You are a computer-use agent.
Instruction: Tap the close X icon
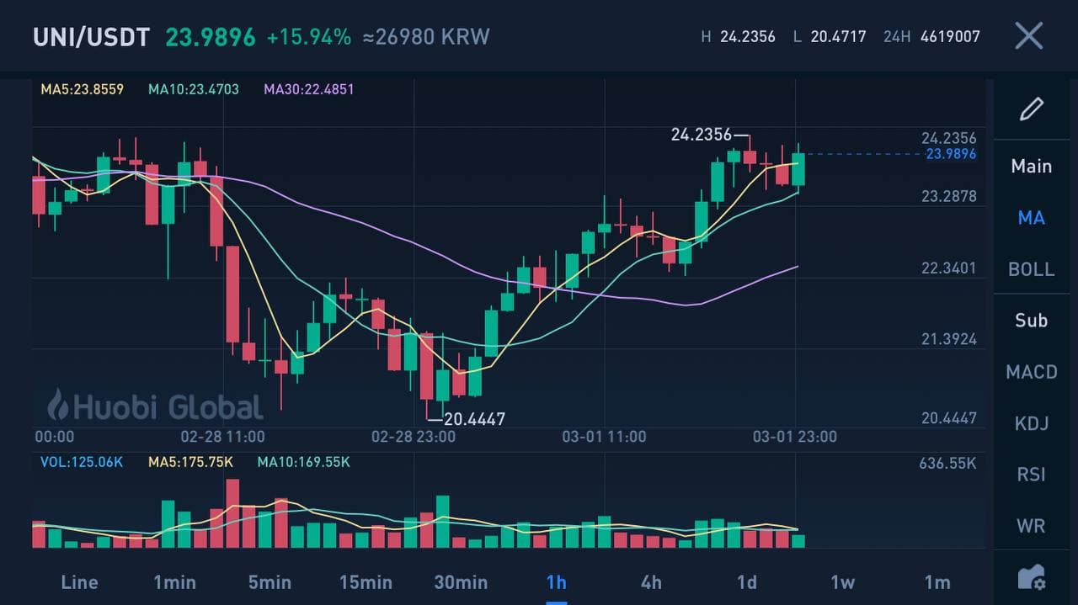[1028, 36]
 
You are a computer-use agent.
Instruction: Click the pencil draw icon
[1032, 109]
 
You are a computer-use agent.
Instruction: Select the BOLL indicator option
[1032, 269]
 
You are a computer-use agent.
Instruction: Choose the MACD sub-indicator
[1032, 372]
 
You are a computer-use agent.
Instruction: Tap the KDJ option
[1032, 423]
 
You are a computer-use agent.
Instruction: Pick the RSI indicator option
[1032, 475]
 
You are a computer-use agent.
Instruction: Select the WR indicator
[1032, 526]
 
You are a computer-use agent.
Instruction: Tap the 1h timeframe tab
[557, 582]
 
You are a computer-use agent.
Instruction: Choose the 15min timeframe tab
[366, 582]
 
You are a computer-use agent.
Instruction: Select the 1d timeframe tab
[747, 582]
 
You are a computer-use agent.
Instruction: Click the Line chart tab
[80, 582]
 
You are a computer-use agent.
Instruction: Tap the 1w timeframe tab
[842, 582]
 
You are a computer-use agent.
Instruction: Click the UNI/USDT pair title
[91, 37]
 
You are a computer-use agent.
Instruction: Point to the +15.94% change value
[309, 37]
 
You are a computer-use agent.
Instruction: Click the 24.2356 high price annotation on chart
[702, 135]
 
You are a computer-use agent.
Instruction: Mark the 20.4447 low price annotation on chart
[474, 419]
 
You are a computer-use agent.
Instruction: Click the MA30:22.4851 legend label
[309, 89]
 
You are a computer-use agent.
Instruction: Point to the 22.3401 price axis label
[949, 268]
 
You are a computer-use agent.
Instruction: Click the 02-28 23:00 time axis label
[414, 437]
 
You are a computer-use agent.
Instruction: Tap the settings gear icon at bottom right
[1032, 578]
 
